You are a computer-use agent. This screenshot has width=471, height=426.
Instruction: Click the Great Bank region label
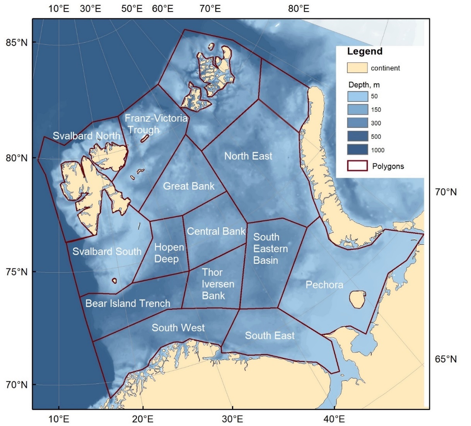pyautogui.click(x=189, y=186)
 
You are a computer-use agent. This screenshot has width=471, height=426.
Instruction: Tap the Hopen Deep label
pyautogui.click(x=169, y=253)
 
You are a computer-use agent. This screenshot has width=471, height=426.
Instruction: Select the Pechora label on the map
pyautogui.click(x=324, y=285)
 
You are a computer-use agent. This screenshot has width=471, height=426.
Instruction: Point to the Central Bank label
pyautogui.click(x=216, y=232)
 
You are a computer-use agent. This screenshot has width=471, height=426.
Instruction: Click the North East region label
pyautogui.click(x=248, y=156)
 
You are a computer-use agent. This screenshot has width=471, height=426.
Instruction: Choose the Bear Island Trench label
pyautogui.click(x=128, y=303)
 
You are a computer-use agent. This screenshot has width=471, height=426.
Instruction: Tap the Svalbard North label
pyautogui.click(x=86, y=136)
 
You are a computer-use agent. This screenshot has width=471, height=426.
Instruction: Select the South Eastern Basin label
pyautogui.click(x=270, y=249)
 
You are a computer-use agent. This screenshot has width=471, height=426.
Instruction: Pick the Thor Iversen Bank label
pyautogui.click(x=218, y=284)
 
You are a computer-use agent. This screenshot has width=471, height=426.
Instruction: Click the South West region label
pyautogui.click(x=178, y=328)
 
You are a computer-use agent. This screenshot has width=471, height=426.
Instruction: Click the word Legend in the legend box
pyautogui.click(x=365, y=52)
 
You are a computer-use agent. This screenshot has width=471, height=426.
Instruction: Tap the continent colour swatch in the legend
pyautogui.click(x=357, y=68)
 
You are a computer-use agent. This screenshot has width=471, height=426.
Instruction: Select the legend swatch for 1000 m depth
pyautogui.click(x=357, y=150)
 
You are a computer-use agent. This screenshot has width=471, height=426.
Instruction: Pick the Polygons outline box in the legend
pyautogui.click(x=357, y=166)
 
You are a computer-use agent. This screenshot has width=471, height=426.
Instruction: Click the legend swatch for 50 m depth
pyautogui.click(x=357, y=96)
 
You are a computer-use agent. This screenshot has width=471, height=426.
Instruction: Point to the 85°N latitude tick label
pyautogui.click(x=17, y=42)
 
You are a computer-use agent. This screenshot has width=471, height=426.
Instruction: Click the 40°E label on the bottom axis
pyautogui.click(x=334, y=419)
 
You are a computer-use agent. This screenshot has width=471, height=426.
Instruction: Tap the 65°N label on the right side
pyautogui.click(x=446, y=359)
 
